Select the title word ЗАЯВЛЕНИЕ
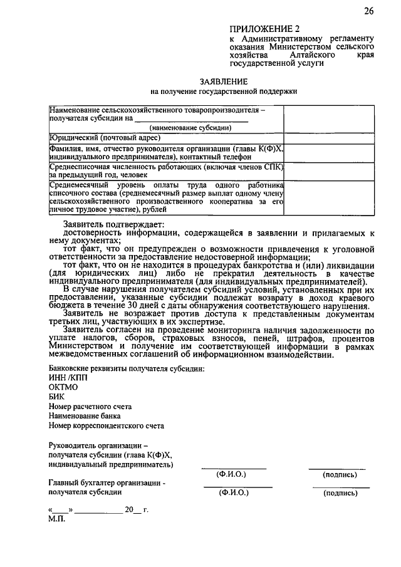click(224, 81)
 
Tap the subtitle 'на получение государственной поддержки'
click(224, 91)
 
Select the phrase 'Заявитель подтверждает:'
click(113, 224)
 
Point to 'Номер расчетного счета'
click(88, 406)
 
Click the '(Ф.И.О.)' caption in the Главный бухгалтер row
click(233, 493)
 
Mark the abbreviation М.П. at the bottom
click(56, 519)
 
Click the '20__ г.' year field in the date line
click(135, 509)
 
